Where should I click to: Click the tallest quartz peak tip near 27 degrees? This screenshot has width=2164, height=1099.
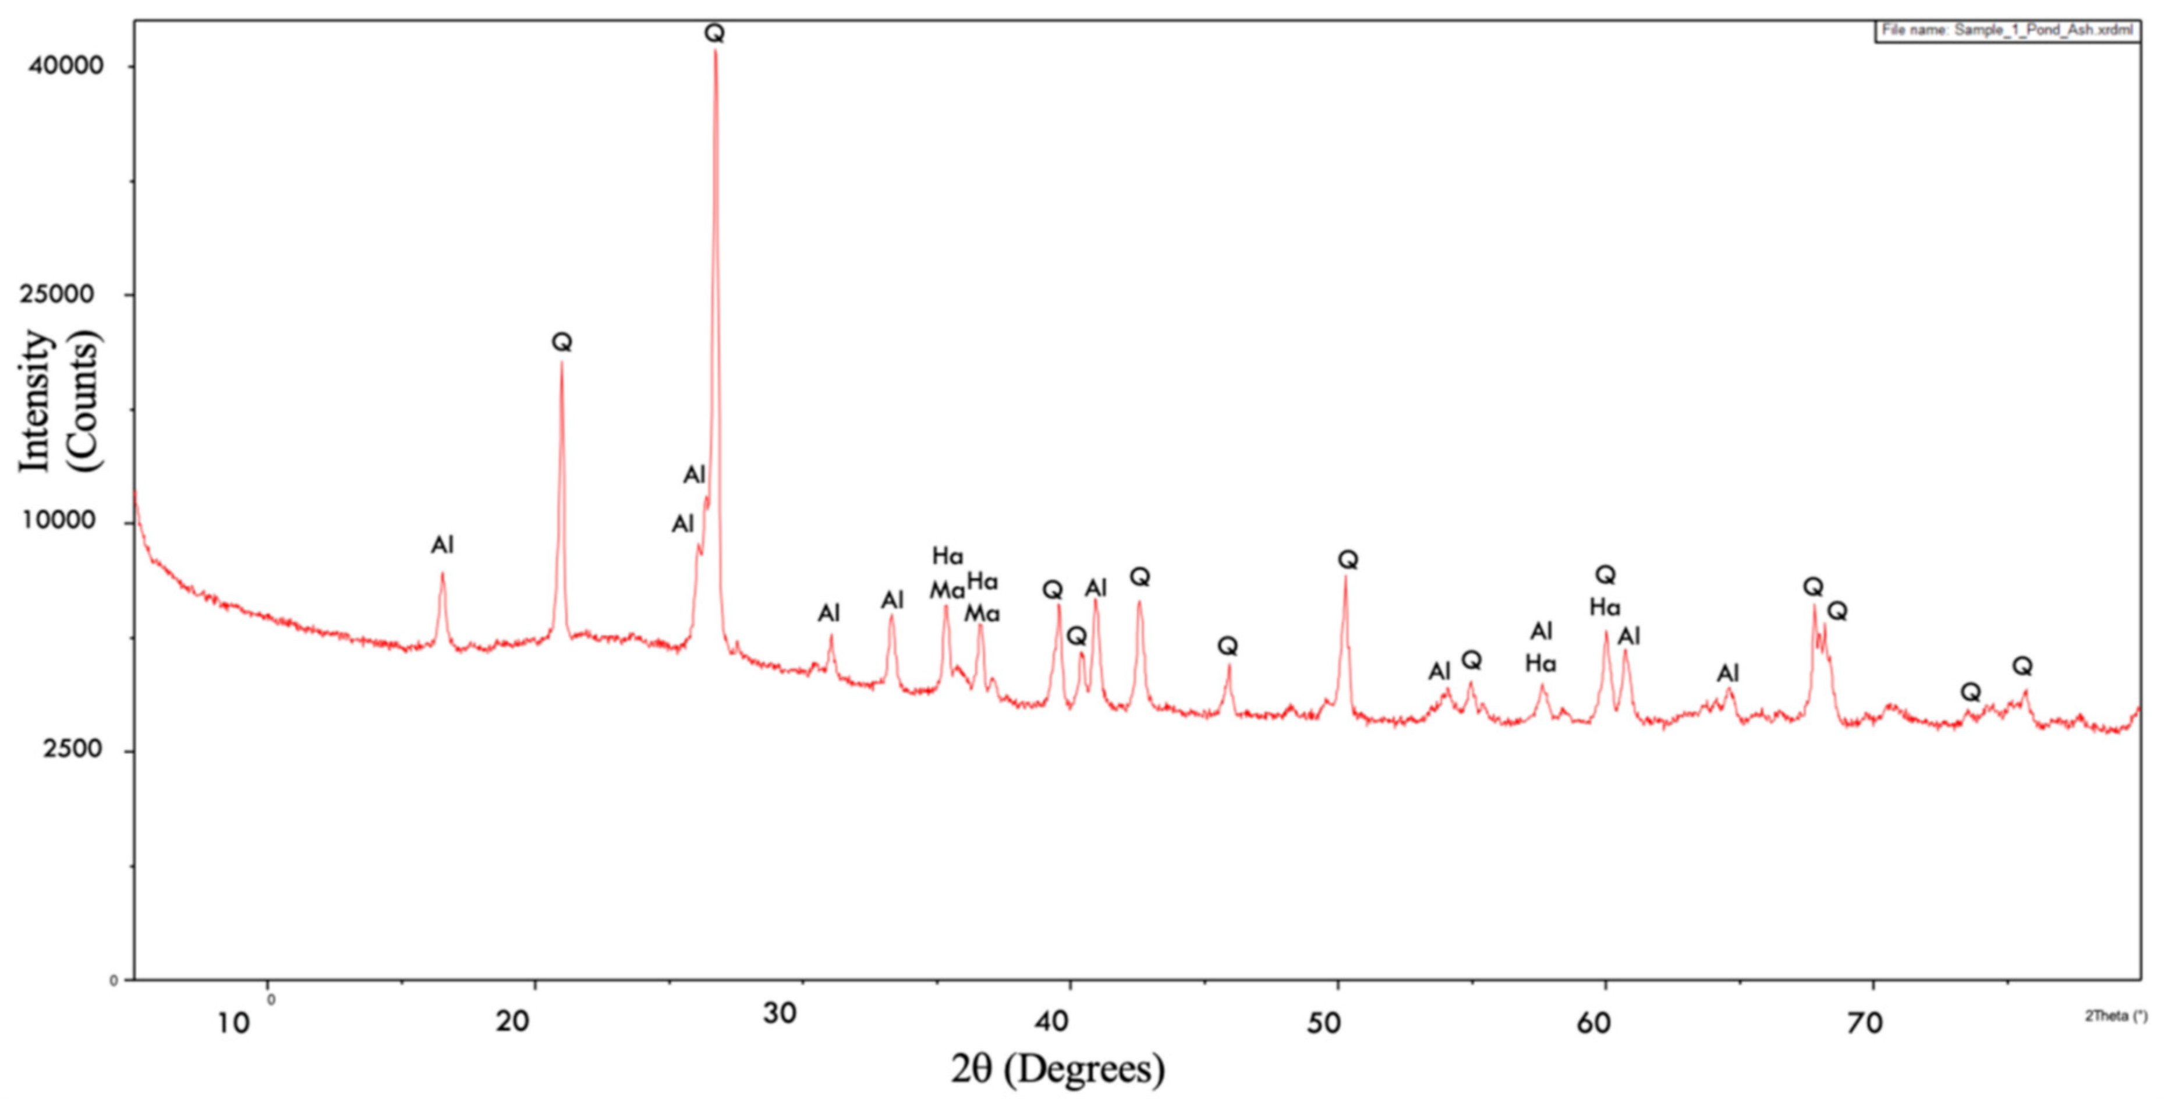[715, 51]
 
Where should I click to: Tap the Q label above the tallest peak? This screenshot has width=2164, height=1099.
[714, 34]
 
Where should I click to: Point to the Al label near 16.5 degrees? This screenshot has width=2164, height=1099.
[442, 545]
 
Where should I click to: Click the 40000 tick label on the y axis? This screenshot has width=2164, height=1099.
[66, 66]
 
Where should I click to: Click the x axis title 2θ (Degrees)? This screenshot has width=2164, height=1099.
[1058, 1069]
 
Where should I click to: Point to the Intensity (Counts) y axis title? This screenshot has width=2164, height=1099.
[59, 401]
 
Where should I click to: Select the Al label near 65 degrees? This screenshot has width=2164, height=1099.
[1727, 673]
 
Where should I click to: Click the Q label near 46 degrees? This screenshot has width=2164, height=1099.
[1227, 646]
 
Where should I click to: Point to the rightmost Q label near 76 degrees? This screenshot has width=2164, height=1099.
[2022, 667]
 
